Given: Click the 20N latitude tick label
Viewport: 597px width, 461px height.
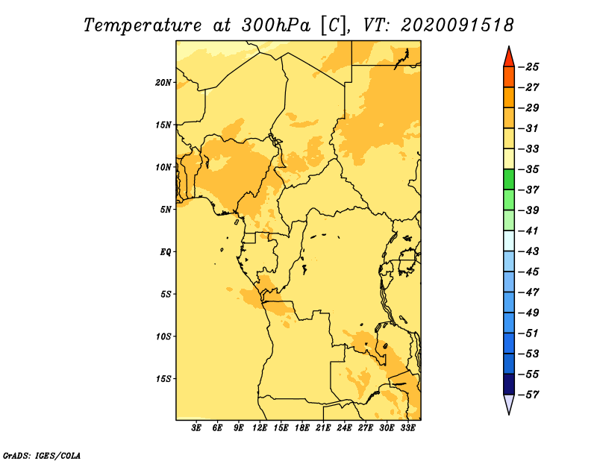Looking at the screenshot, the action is (163, 83).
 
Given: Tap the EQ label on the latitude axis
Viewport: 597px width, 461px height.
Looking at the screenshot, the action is (166, 252).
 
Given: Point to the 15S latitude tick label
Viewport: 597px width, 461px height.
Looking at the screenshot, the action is (163, 379).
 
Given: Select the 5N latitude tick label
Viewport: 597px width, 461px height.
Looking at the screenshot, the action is (166, 210).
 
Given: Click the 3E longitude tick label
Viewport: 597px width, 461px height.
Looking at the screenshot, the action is (196, 428).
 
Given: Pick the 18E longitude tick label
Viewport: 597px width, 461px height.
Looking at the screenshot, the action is (302, 428).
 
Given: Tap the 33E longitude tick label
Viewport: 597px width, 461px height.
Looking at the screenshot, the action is (407, 428).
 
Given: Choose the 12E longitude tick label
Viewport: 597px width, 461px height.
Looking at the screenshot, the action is (260, 428).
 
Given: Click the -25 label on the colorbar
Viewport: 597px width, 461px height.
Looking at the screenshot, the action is (528, 67).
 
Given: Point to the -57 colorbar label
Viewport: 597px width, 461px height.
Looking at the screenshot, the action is (528, 395).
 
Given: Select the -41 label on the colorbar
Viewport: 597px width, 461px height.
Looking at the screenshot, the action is (528, 231).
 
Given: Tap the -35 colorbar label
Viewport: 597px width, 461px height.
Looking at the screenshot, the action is (528, 169).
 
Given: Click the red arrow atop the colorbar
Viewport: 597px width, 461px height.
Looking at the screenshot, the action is (509, 58).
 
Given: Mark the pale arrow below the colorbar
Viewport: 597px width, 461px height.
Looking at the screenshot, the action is (509, 403).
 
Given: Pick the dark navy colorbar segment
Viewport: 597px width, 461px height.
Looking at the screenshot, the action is (509, 384).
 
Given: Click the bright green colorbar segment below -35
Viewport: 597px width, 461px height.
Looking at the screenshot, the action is (509, 180).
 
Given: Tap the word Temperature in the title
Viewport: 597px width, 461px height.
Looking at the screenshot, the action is (143, 25).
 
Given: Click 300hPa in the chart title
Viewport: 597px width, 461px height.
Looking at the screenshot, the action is (276, 25).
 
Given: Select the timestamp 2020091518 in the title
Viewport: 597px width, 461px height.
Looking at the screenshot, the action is (457, 25).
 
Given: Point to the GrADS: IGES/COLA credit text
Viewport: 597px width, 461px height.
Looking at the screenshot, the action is (42, 455).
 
